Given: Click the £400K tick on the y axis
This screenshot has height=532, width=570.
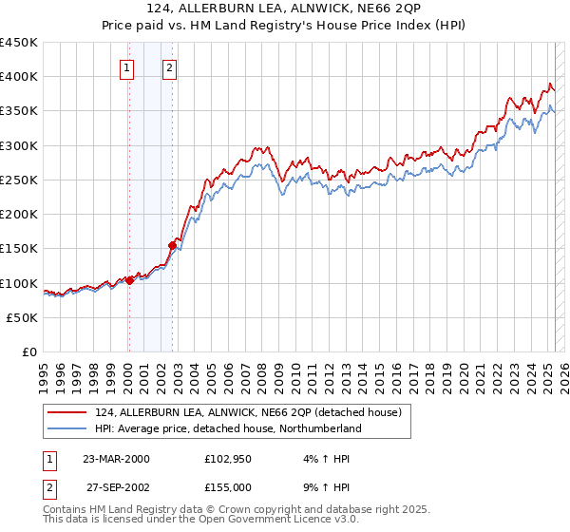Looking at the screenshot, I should point(19,77).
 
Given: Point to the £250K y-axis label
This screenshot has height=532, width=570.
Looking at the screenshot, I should point(19,180).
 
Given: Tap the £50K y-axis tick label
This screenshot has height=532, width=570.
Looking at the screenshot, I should point(23,317).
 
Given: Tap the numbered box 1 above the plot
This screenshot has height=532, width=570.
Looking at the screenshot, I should point(126,67).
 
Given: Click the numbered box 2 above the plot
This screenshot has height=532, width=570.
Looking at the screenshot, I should point(169,67).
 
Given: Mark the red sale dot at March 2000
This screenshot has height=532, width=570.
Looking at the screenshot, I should point(129,280).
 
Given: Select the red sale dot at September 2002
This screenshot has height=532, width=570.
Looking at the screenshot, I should point(172,245).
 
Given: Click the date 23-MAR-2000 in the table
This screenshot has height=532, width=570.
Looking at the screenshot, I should point(117,459).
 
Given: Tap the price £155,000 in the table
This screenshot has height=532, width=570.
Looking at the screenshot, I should point(228,485).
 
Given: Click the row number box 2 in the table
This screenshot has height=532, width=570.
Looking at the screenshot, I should point(48,485).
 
